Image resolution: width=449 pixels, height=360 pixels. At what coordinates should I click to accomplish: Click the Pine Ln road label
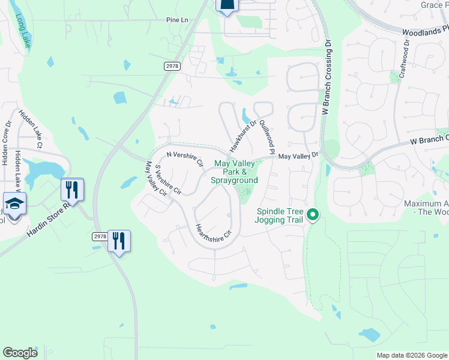[x=177, y=20]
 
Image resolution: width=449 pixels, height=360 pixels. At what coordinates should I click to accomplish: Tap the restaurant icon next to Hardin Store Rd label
[x=72, y=190]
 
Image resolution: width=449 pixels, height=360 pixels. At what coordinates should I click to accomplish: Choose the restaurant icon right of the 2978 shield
[x=119, y=241]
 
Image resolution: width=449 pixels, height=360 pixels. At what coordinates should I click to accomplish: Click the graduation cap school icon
[x=14, y=204]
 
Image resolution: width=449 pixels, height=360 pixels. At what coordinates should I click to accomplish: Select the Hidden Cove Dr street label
[x=7, y=143]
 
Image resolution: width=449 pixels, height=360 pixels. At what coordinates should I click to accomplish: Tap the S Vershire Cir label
[x=168, y=180]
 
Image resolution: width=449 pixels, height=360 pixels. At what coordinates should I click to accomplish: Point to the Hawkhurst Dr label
[x=243, y=136]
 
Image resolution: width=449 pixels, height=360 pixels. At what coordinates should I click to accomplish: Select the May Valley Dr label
[x=297, y=156]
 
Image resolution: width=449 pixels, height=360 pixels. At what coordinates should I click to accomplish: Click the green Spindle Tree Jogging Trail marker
[x=312, y=214]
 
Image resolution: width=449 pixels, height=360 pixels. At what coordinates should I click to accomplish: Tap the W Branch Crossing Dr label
[x=327, y=77]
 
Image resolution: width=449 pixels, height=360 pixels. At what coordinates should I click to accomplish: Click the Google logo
[x=20, y=353]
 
